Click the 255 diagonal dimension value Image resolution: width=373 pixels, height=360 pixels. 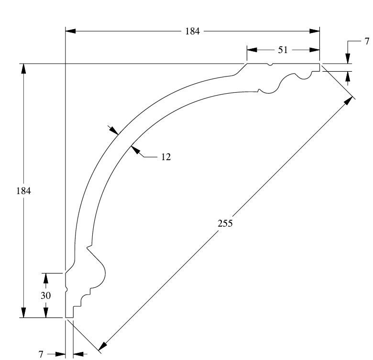pos(225,223)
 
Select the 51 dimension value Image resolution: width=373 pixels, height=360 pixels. pos(283,50)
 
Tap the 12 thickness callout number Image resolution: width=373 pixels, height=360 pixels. pos(166,156)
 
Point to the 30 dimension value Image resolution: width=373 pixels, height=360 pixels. pos(45,295)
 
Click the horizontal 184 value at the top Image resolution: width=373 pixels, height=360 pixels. pos(192,32)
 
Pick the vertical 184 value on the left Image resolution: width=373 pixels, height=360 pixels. pos(23,191)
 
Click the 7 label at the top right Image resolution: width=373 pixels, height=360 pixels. pos(367,41)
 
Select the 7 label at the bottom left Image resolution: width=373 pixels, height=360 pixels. pos(41,354)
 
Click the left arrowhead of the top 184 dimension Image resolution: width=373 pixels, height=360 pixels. pos(70,31)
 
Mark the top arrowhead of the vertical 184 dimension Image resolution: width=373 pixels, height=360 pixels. pos(23,69)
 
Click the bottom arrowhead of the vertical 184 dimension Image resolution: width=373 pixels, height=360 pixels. pos(23,312)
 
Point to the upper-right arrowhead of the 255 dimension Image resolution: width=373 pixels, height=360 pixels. pos(349,101)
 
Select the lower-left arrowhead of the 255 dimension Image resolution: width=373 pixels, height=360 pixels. pos(101,346)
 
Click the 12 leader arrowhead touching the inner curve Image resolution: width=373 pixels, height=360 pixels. pos(134,150)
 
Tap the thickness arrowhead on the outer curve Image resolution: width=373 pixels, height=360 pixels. pos(114,131)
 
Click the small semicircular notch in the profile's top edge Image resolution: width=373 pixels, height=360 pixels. pos(270,65)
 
